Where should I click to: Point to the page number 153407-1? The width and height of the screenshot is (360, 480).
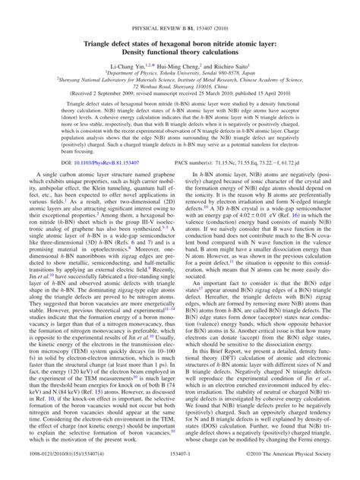coord(180,471)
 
